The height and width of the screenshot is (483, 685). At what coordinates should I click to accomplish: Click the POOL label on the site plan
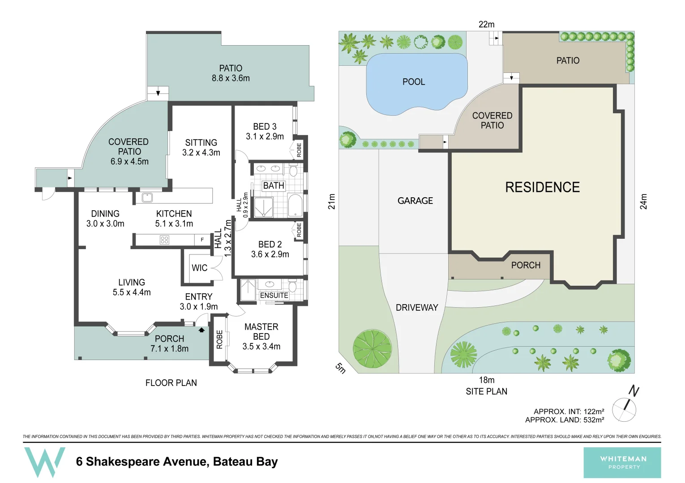414,82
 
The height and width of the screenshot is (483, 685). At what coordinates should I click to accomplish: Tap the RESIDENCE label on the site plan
542,187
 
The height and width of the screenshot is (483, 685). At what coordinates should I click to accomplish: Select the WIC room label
199,268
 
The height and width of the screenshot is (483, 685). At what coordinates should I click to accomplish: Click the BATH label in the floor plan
274,186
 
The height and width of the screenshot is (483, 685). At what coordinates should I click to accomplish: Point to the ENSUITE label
274,296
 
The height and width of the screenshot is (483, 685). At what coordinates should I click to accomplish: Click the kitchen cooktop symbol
164,240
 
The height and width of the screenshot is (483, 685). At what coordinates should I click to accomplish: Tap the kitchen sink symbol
147,197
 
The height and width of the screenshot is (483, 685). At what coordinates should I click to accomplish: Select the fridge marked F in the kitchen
202,240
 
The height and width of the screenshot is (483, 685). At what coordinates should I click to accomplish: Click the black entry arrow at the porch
201,330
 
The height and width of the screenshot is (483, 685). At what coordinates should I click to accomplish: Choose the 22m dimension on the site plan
487,24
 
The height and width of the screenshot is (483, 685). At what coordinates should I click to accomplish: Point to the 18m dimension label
487,380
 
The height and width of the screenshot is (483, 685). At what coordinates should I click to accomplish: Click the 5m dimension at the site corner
341,368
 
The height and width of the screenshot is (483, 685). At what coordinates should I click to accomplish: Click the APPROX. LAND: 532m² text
565,420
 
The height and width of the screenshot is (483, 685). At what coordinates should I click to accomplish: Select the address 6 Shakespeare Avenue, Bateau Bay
177,462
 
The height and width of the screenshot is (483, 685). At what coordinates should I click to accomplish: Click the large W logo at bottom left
44,462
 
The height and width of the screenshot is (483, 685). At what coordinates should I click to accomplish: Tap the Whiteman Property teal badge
622,462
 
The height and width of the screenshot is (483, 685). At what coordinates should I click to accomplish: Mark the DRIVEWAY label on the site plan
417,308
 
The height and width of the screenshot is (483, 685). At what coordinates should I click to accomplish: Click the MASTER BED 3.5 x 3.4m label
261,337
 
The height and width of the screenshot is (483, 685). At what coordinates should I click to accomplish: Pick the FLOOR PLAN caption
171,383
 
